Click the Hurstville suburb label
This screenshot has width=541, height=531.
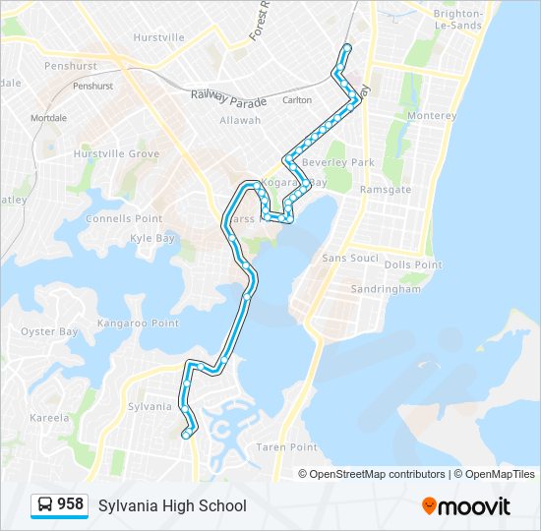158,37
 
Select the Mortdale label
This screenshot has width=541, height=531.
48,118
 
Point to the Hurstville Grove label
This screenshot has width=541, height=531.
116,154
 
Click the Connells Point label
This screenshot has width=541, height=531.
129,218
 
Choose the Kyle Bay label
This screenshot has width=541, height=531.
152,238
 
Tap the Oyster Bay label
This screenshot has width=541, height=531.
49,331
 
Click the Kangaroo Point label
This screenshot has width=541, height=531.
138,323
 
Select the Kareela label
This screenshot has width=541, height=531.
49,417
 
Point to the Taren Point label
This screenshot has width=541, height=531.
284,447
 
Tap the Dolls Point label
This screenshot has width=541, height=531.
413,265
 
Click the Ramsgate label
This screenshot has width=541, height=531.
385,188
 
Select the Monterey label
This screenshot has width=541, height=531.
432,116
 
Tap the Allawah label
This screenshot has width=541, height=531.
240,120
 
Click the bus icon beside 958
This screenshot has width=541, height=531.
44,505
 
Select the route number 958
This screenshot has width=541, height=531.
70,504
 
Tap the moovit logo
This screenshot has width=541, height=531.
466,506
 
